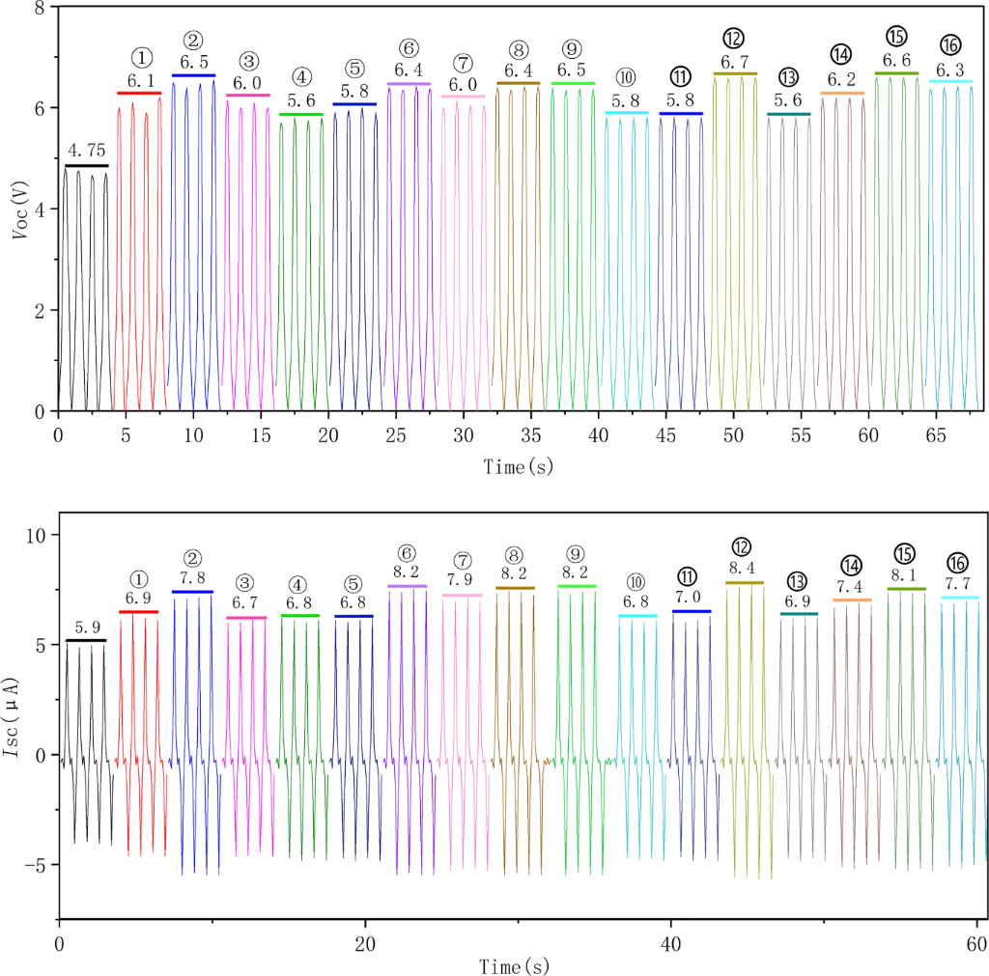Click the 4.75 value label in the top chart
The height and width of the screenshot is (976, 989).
click(86, 150)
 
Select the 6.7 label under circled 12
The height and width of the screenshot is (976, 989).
click(734, 62)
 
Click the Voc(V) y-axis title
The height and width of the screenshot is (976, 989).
click(21, 209)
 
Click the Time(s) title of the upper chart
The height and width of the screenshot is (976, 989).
click(519, 466)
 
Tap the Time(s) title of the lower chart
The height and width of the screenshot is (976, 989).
click(519, 965)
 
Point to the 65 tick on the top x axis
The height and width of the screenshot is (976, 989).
click(936, 434)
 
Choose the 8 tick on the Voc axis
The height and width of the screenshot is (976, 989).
click(40, 9)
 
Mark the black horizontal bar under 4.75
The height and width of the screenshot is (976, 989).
click(86, 166)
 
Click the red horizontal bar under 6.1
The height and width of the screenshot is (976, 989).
click(138, 93)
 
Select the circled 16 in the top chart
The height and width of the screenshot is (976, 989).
click(950, 45)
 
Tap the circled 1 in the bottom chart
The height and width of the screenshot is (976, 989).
click(139, 578)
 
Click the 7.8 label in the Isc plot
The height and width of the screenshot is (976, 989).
click(193, 577)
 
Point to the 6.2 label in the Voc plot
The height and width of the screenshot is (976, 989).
click(842, 79)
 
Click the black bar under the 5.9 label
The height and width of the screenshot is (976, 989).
click(86, 640)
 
